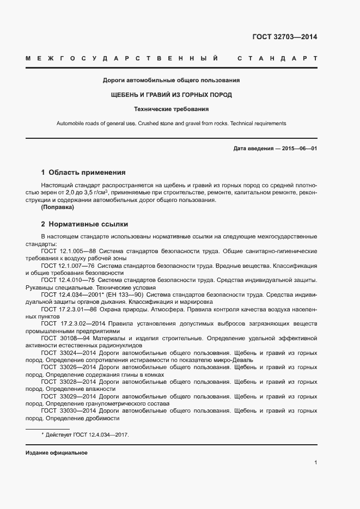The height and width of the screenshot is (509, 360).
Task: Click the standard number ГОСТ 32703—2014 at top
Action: pos(284,37)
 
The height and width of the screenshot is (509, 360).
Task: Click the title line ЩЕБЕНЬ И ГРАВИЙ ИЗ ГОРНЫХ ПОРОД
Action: pos(172,95)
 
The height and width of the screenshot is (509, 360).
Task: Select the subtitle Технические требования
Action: pos(172,109)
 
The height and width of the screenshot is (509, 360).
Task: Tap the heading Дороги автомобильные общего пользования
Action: pos(172,81)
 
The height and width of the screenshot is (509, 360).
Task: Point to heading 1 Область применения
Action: pos(83,173)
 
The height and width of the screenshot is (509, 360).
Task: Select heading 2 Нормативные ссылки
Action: pos(84,224)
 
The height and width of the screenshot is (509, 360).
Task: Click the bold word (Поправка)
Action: pos(58,207)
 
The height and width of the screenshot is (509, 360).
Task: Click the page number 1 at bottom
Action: pos(315,462)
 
